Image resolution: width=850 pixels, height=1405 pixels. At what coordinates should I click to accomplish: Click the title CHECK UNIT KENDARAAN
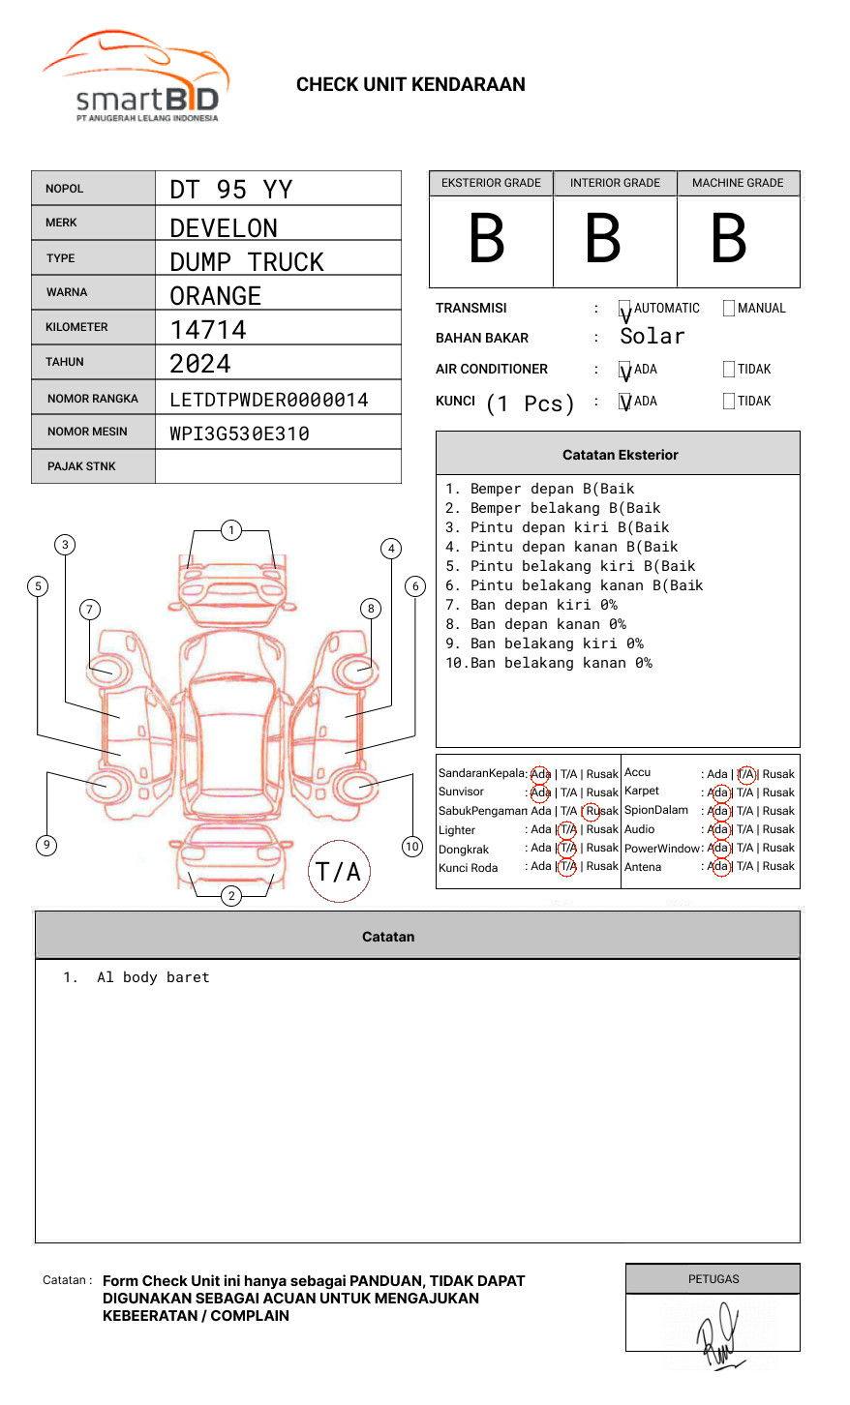(410, 85)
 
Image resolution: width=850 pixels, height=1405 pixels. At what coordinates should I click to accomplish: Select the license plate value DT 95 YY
(230, 190)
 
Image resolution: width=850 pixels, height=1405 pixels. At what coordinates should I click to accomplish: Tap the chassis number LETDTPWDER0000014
(268, 400)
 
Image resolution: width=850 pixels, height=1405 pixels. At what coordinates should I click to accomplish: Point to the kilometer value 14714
(208, 330)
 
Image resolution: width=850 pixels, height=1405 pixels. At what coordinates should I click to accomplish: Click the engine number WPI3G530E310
(239, 433)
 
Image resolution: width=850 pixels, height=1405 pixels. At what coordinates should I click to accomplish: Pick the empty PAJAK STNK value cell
(278, 466)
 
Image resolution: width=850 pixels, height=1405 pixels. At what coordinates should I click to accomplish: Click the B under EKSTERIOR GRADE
(487, 239)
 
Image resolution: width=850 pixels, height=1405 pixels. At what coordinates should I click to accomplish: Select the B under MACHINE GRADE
(728, 239)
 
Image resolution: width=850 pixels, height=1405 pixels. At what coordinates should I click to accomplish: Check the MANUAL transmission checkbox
(728, 309)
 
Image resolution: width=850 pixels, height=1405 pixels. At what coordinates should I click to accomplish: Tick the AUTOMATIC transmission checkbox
(624, 309)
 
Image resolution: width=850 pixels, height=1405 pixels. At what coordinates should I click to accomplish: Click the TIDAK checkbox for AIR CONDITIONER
(728, 370)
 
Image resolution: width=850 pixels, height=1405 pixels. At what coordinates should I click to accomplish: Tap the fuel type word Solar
(652, 337)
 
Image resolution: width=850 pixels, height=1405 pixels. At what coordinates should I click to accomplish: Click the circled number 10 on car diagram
(412, 847)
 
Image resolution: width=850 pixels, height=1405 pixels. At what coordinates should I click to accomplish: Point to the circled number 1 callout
(230, 530)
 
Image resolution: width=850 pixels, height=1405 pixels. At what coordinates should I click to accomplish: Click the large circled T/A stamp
(339, 872)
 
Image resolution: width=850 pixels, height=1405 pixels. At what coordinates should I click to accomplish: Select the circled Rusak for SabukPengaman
(600, 811)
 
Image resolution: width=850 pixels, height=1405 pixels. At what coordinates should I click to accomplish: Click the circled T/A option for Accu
(745, 774)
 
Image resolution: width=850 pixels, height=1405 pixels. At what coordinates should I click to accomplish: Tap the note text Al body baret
(153, 978)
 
